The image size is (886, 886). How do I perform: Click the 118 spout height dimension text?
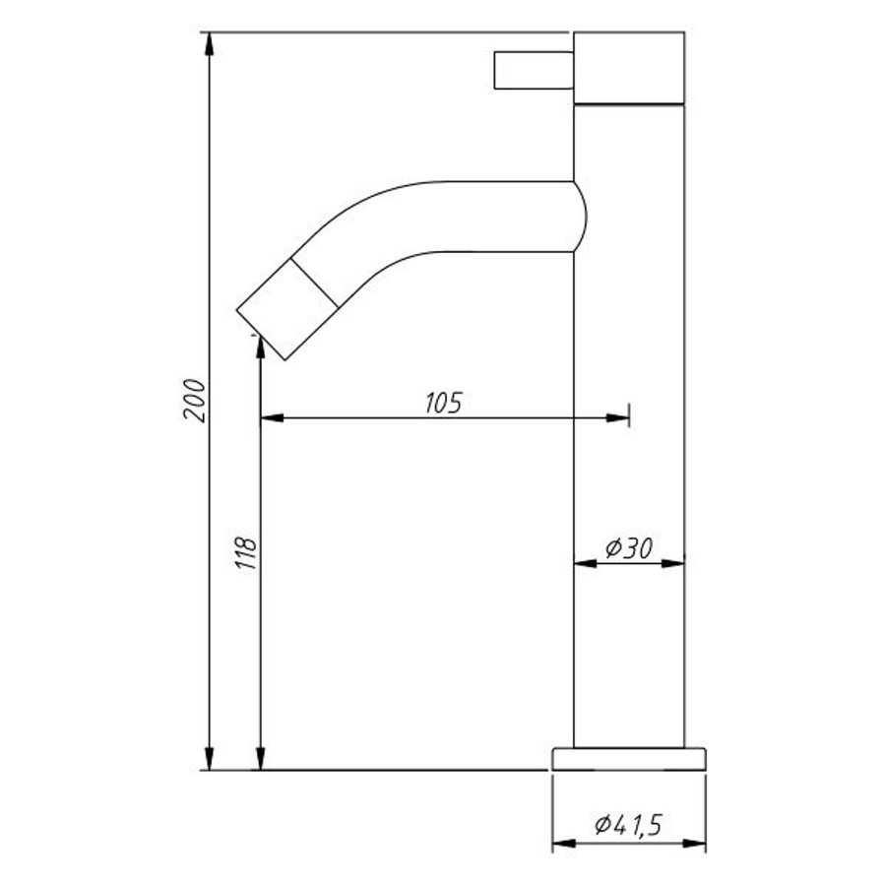[x=247, y=553]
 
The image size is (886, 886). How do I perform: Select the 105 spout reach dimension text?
[x=443, y=403]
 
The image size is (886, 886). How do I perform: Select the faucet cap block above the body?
[x=628, y=67]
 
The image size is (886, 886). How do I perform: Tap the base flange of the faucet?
[x=629, y=758]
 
